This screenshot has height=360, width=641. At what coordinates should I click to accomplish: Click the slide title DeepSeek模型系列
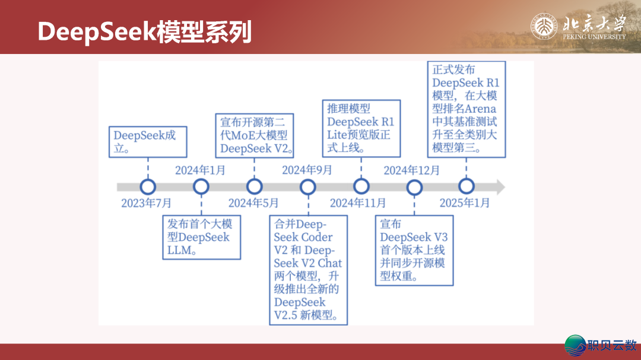[145, 32]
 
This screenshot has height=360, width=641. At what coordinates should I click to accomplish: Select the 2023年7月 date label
[147, 203]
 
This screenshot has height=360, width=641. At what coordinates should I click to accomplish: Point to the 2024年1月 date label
[200, 171]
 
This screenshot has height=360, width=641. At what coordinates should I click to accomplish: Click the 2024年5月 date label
[253, 203]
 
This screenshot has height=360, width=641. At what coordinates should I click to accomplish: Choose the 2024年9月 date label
[307, 171]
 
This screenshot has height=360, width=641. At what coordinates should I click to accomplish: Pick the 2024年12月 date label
[412, 171]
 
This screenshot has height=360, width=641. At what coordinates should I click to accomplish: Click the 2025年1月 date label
[465, 203]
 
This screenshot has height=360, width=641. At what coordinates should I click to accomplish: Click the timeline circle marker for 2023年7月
[148, 187]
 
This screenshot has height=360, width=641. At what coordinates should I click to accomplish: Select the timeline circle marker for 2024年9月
[308, 187]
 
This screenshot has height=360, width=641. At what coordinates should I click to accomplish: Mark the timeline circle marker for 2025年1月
[467, 187]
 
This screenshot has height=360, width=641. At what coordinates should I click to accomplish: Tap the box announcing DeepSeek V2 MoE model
[255, 135]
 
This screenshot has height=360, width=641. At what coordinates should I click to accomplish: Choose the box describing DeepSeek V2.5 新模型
[308, 270]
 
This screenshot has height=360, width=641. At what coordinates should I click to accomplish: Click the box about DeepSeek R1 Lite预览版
[361, 128]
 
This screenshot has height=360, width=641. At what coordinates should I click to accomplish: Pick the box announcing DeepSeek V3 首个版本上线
[414, 251]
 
